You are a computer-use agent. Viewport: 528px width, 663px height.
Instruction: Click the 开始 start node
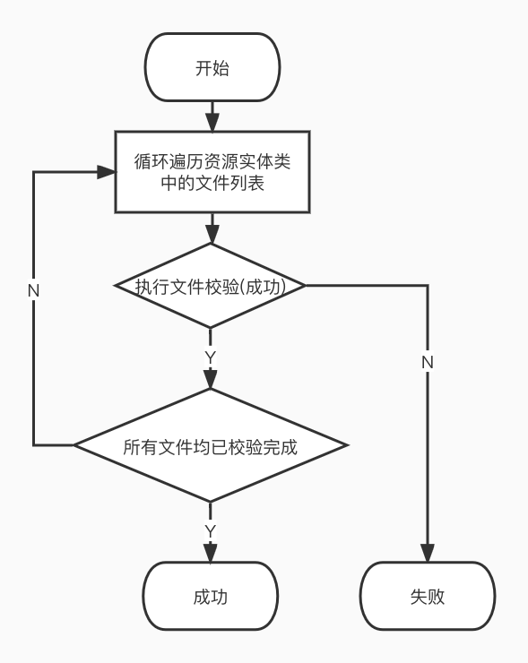pyautogui.click(x=212, y=68)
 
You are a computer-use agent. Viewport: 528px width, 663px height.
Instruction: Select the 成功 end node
pyautogui.click(x=211, y=596)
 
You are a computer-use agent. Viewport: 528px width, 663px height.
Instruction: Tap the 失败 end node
pyautogui.click(x=428, y=596)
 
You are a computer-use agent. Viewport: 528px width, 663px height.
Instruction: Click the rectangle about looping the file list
pyautogui.click(x=212, y=172)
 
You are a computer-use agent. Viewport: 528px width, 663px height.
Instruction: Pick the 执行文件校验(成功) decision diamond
pyautogui.click(x=211, y=286)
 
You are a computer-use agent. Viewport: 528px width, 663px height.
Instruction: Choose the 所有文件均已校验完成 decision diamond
pyautogui.click(x=211, y=445)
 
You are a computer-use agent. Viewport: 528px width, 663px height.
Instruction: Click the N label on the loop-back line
pyautogui.click(x=33, y=291)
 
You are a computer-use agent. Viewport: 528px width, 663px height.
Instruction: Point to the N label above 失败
pyautogui.click(x=428, y=362)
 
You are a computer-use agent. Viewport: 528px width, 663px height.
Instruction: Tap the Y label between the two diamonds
pyautogui.click(x=211, y=357)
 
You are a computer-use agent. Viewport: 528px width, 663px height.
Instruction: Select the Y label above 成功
pyautogui.click(x=211, y=531)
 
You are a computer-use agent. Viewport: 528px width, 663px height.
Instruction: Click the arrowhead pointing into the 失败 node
pyautogui.click(x=428, y=553)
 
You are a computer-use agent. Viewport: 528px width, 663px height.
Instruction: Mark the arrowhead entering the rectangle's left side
pyautogui.click(x=106, y=172)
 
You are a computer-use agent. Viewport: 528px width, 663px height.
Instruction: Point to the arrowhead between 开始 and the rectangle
pyautogui.click(x=212, y=123)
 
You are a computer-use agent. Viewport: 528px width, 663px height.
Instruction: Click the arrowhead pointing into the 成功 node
pyautogui.click(x=211, y=553)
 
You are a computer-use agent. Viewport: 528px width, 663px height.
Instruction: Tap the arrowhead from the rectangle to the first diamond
pyautogui.click(x=212, y=235)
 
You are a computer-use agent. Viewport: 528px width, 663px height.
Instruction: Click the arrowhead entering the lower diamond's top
pyautogui.click(x=211, y=380)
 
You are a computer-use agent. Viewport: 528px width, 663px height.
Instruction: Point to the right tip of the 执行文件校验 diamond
pyautogui.click(x=306, y=286)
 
